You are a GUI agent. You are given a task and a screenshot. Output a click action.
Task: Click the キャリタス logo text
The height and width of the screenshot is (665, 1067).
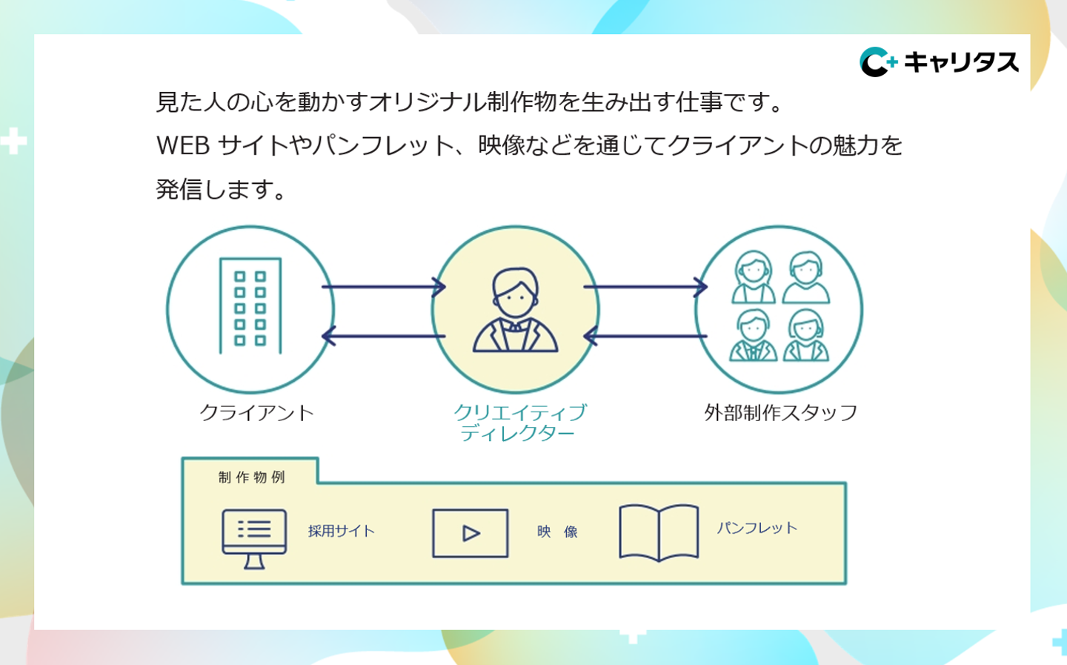point(960,62)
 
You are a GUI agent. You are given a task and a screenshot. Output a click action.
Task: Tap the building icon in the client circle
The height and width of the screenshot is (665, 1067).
point(250,306)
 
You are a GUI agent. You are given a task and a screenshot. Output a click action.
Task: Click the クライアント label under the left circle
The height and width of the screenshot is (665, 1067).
point(256,413)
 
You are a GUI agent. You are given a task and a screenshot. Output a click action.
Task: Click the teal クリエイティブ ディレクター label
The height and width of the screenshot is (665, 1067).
point(519,423)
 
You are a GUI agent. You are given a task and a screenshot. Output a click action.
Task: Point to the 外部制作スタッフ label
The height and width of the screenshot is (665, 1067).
point(780,413)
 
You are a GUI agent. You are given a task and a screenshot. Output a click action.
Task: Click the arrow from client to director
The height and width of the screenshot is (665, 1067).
point(383,287)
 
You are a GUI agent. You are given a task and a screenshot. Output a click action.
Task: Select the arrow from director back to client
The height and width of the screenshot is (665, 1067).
point(383,336)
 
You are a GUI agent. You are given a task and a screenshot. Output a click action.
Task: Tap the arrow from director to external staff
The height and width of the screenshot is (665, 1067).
point(645,287)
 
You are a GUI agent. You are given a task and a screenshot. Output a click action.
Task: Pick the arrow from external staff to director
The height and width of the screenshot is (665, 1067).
point(645,336)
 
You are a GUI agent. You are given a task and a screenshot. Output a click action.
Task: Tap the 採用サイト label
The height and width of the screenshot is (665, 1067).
point(342,531)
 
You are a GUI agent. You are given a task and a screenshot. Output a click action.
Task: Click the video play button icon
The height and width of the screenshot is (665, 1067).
point(471,533)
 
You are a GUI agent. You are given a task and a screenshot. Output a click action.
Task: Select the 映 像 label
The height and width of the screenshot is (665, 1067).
point(557,532)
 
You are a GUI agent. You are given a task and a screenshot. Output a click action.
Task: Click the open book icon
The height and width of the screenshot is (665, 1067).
point(659,532)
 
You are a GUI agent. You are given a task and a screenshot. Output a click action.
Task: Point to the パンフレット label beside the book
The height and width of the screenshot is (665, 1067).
point(757,528)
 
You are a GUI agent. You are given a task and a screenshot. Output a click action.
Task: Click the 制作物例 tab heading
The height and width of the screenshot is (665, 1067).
point(252,477)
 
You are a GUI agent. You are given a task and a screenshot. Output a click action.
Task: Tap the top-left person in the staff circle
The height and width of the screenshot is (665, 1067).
point(754,277)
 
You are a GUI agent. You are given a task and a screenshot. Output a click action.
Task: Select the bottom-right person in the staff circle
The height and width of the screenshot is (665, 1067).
point(806,336)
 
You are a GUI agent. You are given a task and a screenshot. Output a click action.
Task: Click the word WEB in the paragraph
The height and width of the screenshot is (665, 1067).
point(183,146)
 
